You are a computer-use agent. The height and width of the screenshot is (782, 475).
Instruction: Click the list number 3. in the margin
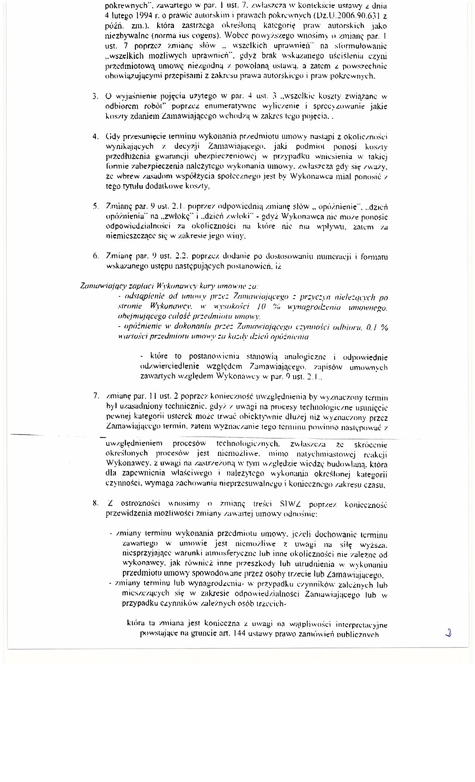[x=95, y=97]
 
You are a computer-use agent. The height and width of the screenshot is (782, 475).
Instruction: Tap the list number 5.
[x=95, y=206]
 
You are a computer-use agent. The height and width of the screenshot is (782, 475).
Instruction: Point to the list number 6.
[x=95, y=256]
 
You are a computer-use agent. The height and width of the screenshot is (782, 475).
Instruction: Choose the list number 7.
[x=96, y=395]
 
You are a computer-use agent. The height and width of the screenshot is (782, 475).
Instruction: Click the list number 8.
[x=95, y=503]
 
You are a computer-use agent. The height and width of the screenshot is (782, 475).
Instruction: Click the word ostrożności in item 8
[x=137, y=504]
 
